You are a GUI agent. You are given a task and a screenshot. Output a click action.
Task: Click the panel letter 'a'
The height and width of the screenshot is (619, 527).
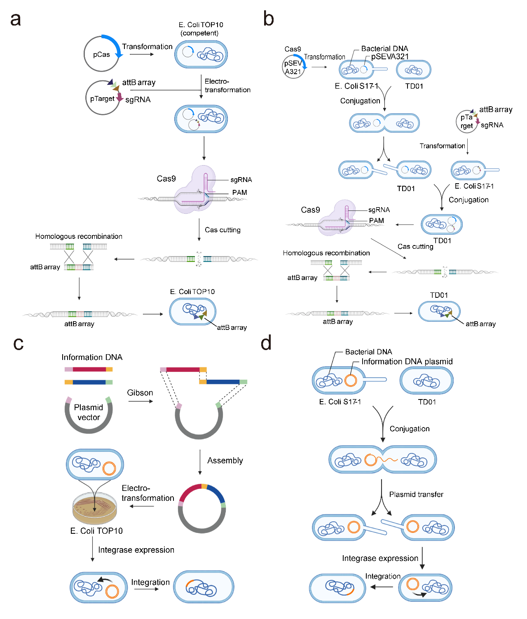(16, 20)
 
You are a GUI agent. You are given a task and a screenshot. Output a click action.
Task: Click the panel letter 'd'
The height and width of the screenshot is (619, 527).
(267, 343)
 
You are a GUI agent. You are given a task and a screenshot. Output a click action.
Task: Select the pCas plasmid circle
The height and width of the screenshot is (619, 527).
(101, 54)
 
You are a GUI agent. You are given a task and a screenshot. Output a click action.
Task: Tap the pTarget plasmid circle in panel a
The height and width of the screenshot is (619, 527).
(102, 98)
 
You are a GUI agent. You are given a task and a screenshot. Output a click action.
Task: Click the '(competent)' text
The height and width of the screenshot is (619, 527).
(199, 33)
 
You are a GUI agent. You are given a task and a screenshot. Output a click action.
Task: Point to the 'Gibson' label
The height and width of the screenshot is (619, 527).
(140, 392)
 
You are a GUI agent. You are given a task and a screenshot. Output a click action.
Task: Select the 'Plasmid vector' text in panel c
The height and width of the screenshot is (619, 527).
(89, 412)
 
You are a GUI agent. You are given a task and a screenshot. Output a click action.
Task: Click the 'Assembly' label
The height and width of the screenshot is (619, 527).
(225, 460)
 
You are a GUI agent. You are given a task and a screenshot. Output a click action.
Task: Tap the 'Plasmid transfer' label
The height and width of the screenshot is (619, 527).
(416, 494)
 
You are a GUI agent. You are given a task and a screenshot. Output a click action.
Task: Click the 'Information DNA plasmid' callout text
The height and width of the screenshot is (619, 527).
(407, 362)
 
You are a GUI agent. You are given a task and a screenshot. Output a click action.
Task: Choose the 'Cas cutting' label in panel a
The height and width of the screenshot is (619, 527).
(223, 230)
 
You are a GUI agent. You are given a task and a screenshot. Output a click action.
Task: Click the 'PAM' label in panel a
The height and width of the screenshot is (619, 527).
(239, 192)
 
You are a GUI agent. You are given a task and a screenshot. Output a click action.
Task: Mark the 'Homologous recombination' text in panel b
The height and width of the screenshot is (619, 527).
(326, 253)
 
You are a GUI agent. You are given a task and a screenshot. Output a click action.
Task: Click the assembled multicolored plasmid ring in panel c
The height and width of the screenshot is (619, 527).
(202, 508)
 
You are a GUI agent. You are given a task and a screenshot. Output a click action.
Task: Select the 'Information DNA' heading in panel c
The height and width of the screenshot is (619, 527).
(92, 357)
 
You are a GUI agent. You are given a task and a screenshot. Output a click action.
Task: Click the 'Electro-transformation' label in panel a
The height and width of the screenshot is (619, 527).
(227, 86)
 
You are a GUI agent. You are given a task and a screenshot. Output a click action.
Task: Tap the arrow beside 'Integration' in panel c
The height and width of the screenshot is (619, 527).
(146, 589)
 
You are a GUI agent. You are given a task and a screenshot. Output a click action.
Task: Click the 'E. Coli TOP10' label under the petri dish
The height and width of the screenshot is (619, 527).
(96, 531)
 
